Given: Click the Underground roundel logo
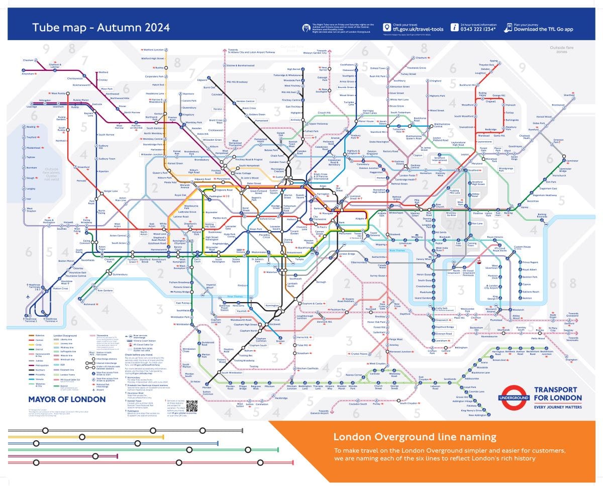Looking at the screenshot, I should [x=513, y=397].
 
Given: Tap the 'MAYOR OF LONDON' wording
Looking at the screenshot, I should [x=67, y=400].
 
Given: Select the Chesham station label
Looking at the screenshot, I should [x=28, y=60].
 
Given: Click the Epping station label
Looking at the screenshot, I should [x=494, y=61].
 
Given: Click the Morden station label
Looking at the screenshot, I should [x=207, y=387].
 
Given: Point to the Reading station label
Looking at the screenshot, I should [x=31, y=127].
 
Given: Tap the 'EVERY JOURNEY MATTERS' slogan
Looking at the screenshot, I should [x=558, y=407].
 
